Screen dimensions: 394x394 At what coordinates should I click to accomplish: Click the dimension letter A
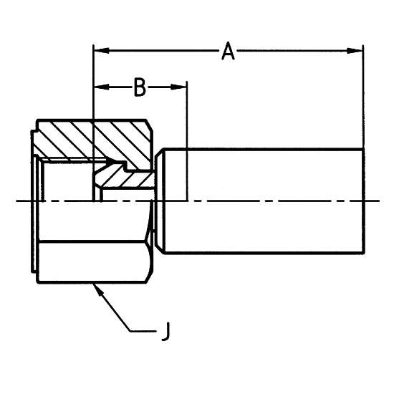pos(228,51)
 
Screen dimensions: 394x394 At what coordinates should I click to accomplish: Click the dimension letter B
pos(140,87)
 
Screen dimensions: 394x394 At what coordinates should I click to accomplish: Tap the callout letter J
pos(165,331)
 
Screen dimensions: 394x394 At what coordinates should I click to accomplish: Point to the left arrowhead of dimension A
pos(102,51)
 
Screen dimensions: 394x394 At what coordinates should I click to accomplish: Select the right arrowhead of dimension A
pos(355,51)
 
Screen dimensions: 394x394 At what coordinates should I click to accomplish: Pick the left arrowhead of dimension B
pos(102,87)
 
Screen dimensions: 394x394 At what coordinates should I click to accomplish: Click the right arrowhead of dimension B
pos(178,87)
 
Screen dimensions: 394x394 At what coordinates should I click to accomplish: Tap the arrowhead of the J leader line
pos(97,289)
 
